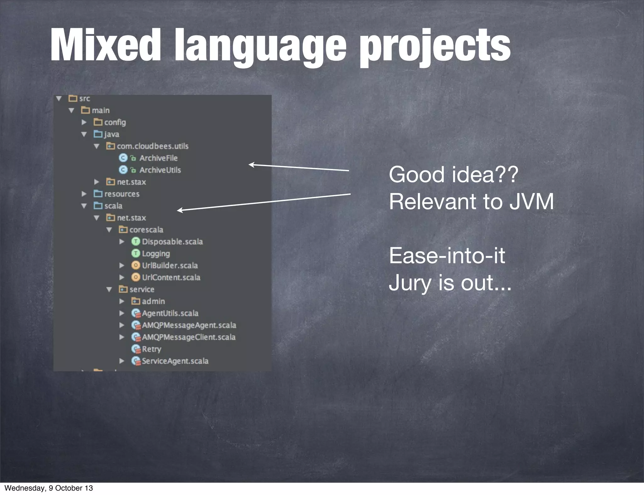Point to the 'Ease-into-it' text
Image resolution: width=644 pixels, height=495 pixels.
447,255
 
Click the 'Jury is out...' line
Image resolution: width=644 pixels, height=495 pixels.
450,282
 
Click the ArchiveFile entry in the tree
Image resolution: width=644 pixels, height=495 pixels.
158,158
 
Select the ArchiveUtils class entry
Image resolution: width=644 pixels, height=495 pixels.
160,170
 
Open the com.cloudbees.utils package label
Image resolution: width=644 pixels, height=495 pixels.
153,146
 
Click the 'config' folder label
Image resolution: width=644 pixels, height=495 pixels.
115,122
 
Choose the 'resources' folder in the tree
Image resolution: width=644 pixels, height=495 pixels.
122,194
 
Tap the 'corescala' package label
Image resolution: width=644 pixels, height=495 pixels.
146,230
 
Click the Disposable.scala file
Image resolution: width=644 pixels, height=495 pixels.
172,242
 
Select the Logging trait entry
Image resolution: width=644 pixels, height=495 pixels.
156,253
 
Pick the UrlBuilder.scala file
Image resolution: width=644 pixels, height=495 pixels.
170,265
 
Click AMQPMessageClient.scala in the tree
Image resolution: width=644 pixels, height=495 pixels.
188,337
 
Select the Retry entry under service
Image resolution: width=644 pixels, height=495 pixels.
151,349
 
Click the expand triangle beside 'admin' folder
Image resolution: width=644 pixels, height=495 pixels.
122,301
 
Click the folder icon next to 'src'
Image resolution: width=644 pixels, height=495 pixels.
73,98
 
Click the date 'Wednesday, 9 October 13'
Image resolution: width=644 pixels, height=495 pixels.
49,488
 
